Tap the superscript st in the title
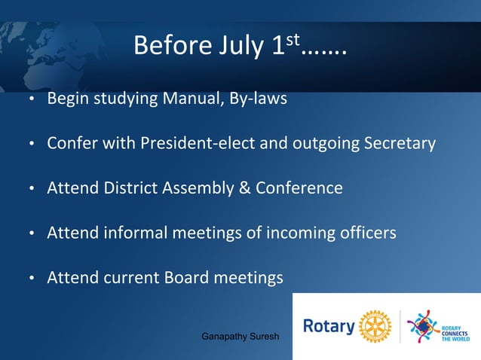[x=294, y=38]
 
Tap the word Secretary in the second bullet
[x=401, y=143]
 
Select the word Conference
[x=299, y=188]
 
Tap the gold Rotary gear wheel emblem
[x=375, y=326]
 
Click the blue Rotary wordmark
[x=328, y=327]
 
